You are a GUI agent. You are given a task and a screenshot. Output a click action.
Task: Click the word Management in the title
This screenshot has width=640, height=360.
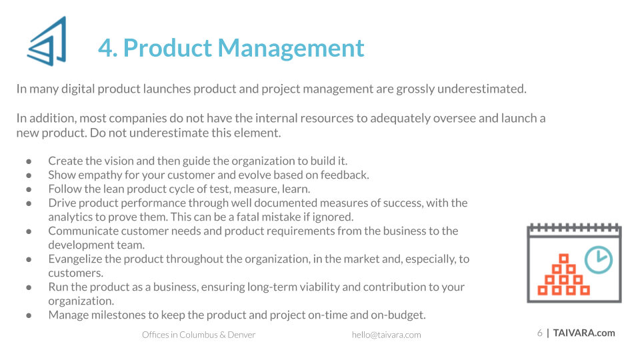click(291, 48)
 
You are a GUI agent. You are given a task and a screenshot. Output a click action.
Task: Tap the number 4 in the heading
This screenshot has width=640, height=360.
click(106, 48)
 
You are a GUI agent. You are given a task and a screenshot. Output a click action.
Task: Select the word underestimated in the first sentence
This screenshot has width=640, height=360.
click(481, 89)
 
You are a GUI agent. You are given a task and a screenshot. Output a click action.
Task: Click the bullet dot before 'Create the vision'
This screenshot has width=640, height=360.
click(29, 161)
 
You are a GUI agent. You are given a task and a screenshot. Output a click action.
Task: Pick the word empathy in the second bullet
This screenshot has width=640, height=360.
click(100, 175)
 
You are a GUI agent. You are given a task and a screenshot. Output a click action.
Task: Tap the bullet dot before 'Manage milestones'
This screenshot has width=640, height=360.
click(29, 315)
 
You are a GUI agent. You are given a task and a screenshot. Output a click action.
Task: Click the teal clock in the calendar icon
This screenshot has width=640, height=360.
click(599, 259)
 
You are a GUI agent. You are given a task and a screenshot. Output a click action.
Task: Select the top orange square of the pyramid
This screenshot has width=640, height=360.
click(564, 259)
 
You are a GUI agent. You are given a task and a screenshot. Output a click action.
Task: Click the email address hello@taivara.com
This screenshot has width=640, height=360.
click(386, 335)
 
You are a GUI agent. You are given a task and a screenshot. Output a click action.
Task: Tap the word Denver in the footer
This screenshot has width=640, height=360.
click(241, 335)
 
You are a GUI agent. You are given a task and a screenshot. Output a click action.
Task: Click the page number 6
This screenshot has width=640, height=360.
click(539, 333)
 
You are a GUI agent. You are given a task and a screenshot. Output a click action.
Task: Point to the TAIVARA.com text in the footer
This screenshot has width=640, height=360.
click(584, 333)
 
